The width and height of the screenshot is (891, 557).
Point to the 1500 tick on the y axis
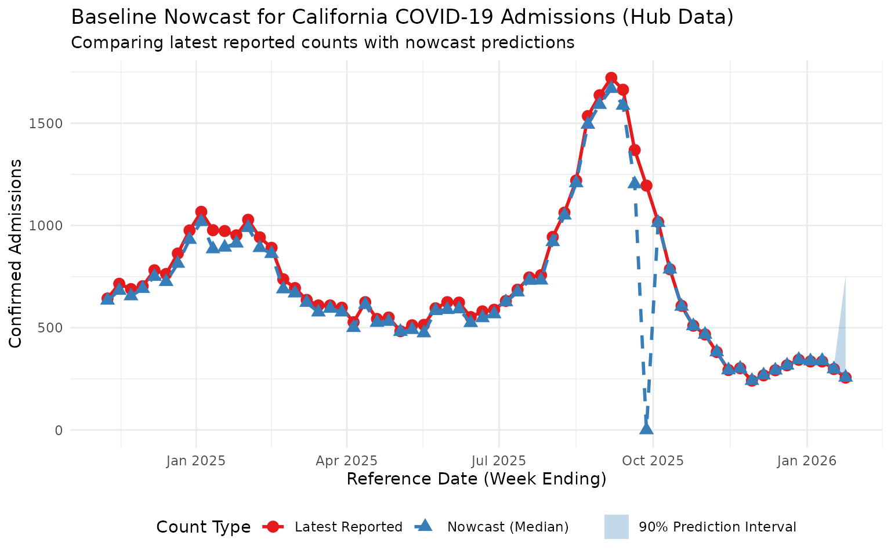[50, 124]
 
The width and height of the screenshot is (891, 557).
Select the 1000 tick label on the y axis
[50, 226]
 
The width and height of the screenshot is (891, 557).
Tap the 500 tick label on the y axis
[53, 328]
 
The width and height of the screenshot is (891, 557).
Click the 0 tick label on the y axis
[59, 430]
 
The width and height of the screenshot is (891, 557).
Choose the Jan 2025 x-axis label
[196, 461]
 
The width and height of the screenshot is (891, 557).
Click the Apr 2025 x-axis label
[347, 461]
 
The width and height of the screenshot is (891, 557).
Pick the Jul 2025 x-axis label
[499, 461]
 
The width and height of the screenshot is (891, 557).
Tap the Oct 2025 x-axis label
[653, 461]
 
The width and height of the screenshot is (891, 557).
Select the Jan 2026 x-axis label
[807, 461]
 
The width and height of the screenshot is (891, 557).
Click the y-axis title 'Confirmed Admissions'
[16, 253]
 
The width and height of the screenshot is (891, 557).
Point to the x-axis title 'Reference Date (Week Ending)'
[476, 480]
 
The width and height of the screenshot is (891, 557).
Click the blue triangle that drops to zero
[646, 428]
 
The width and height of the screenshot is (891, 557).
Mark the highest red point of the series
[611, 78]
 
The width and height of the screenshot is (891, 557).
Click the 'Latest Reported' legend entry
[348, 527]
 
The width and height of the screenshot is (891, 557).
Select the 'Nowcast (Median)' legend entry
[508, 527]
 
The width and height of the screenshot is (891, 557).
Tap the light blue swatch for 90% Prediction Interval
[616, 527]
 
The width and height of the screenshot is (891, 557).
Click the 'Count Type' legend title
[204, 527]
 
